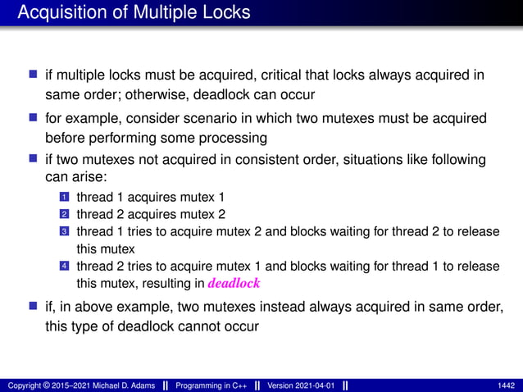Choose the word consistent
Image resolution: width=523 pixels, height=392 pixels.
click(274, 159)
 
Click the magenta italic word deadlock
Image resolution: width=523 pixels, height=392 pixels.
click(234, 284)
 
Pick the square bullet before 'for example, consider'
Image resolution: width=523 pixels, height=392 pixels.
click(34, 118)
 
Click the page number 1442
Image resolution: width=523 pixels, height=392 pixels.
click(506, 385)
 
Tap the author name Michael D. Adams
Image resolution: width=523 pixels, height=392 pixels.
click(114, 385)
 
